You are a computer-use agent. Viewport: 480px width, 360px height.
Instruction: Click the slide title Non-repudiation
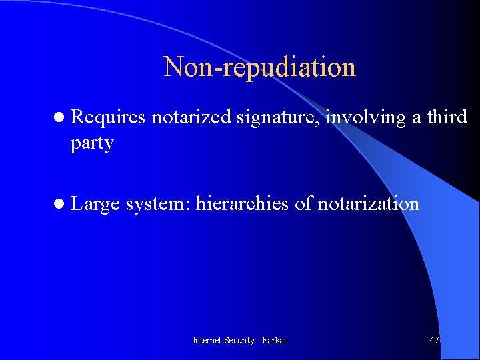click(259, 67)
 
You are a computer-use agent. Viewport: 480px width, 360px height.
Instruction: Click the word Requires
click(107, 117)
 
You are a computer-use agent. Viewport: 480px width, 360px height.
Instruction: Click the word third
click(447, 117)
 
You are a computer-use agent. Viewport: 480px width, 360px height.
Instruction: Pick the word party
click(92, 144)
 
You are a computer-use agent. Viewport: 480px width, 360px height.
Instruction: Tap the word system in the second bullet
click(157, 204)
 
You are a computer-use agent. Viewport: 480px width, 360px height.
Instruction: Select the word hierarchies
click(243, 203)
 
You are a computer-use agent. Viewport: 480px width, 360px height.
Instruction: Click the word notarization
click(368, 203)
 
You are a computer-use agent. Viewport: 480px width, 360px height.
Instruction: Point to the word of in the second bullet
click(303, 203)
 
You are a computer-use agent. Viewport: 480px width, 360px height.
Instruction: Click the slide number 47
click(435, 340)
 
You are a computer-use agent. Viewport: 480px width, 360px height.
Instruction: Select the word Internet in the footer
click(207, 340)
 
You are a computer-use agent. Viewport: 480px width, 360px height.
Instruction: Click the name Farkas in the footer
click(275, 340)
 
